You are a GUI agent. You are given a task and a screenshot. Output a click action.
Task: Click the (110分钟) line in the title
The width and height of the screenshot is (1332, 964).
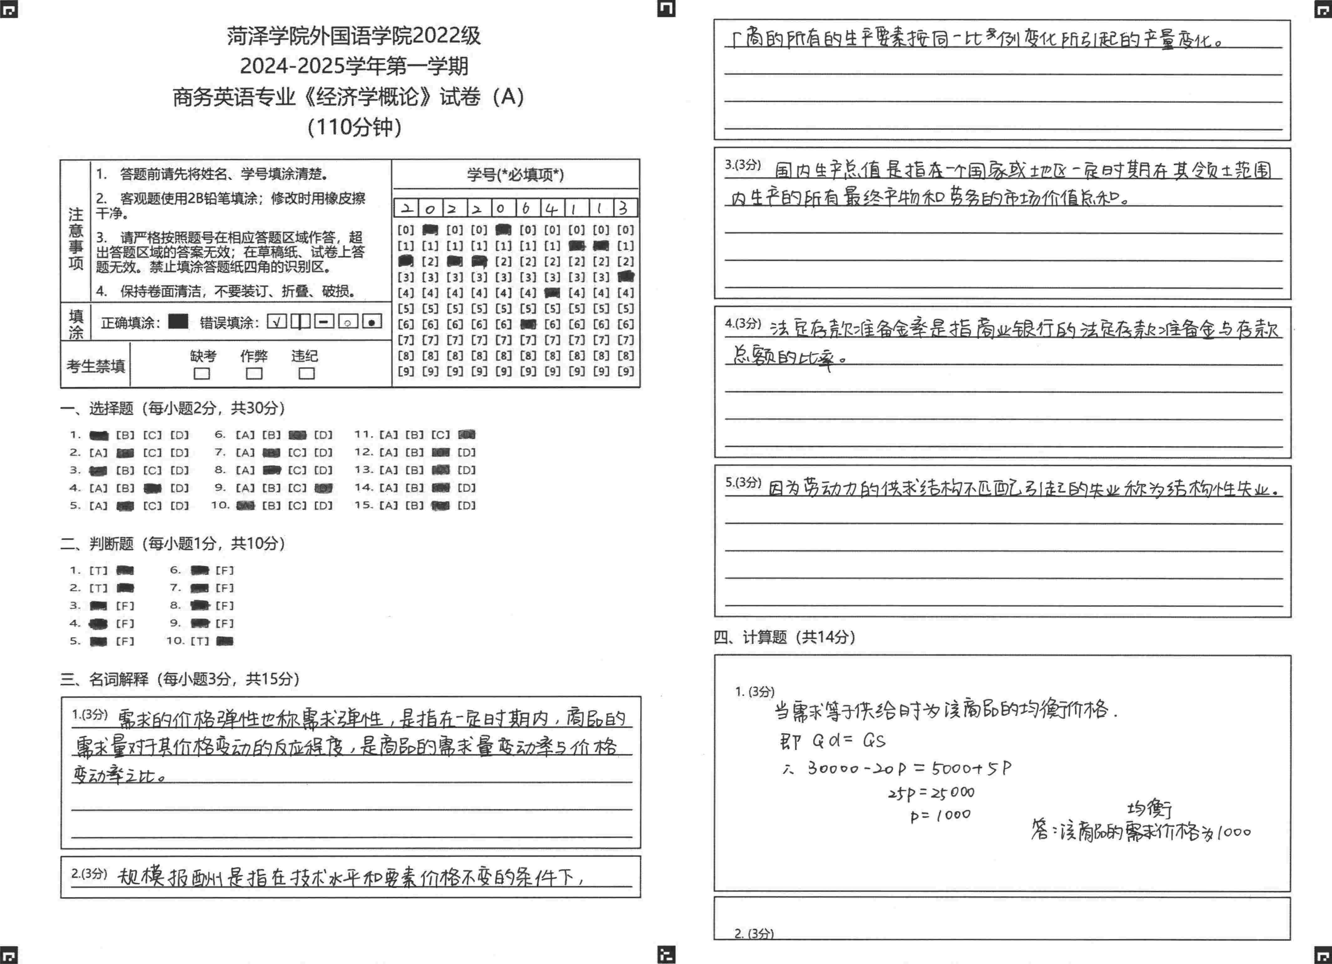[354, 127]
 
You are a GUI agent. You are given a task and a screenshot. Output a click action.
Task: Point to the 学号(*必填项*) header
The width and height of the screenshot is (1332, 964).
[515, 174]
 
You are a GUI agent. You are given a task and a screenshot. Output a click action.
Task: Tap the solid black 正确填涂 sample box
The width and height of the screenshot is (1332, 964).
[178, 321]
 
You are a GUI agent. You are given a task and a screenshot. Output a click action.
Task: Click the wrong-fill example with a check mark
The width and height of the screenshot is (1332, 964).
[277, 321]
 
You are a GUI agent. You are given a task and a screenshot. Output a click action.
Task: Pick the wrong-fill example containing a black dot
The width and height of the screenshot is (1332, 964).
[372, 321]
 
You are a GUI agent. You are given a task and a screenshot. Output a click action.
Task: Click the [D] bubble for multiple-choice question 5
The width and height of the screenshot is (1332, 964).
[179, 505]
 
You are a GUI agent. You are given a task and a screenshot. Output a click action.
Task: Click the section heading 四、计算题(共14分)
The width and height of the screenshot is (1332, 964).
[784, 637]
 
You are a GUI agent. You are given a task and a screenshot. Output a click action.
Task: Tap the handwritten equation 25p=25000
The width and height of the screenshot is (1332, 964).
[931, 793]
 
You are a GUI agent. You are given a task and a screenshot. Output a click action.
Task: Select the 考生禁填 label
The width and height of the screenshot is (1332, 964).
[95, 366]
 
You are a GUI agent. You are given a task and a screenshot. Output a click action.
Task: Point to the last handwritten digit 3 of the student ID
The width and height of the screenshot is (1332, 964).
[624, 208]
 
